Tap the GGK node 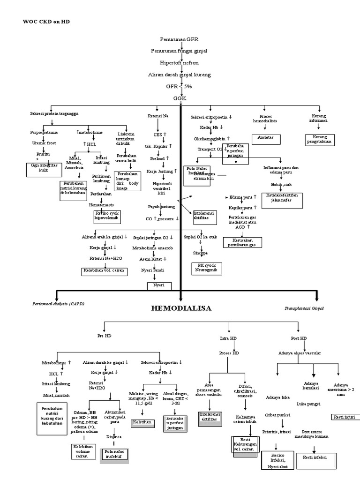tap(180, 99)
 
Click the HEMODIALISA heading tap(180, 308)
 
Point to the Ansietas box tap(265, 139)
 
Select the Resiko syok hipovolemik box tap(107, 216)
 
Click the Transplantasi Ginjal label tap(304, 308)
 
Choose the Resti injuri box tap(344, 416)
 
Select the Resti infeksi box tap(315, 457)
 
